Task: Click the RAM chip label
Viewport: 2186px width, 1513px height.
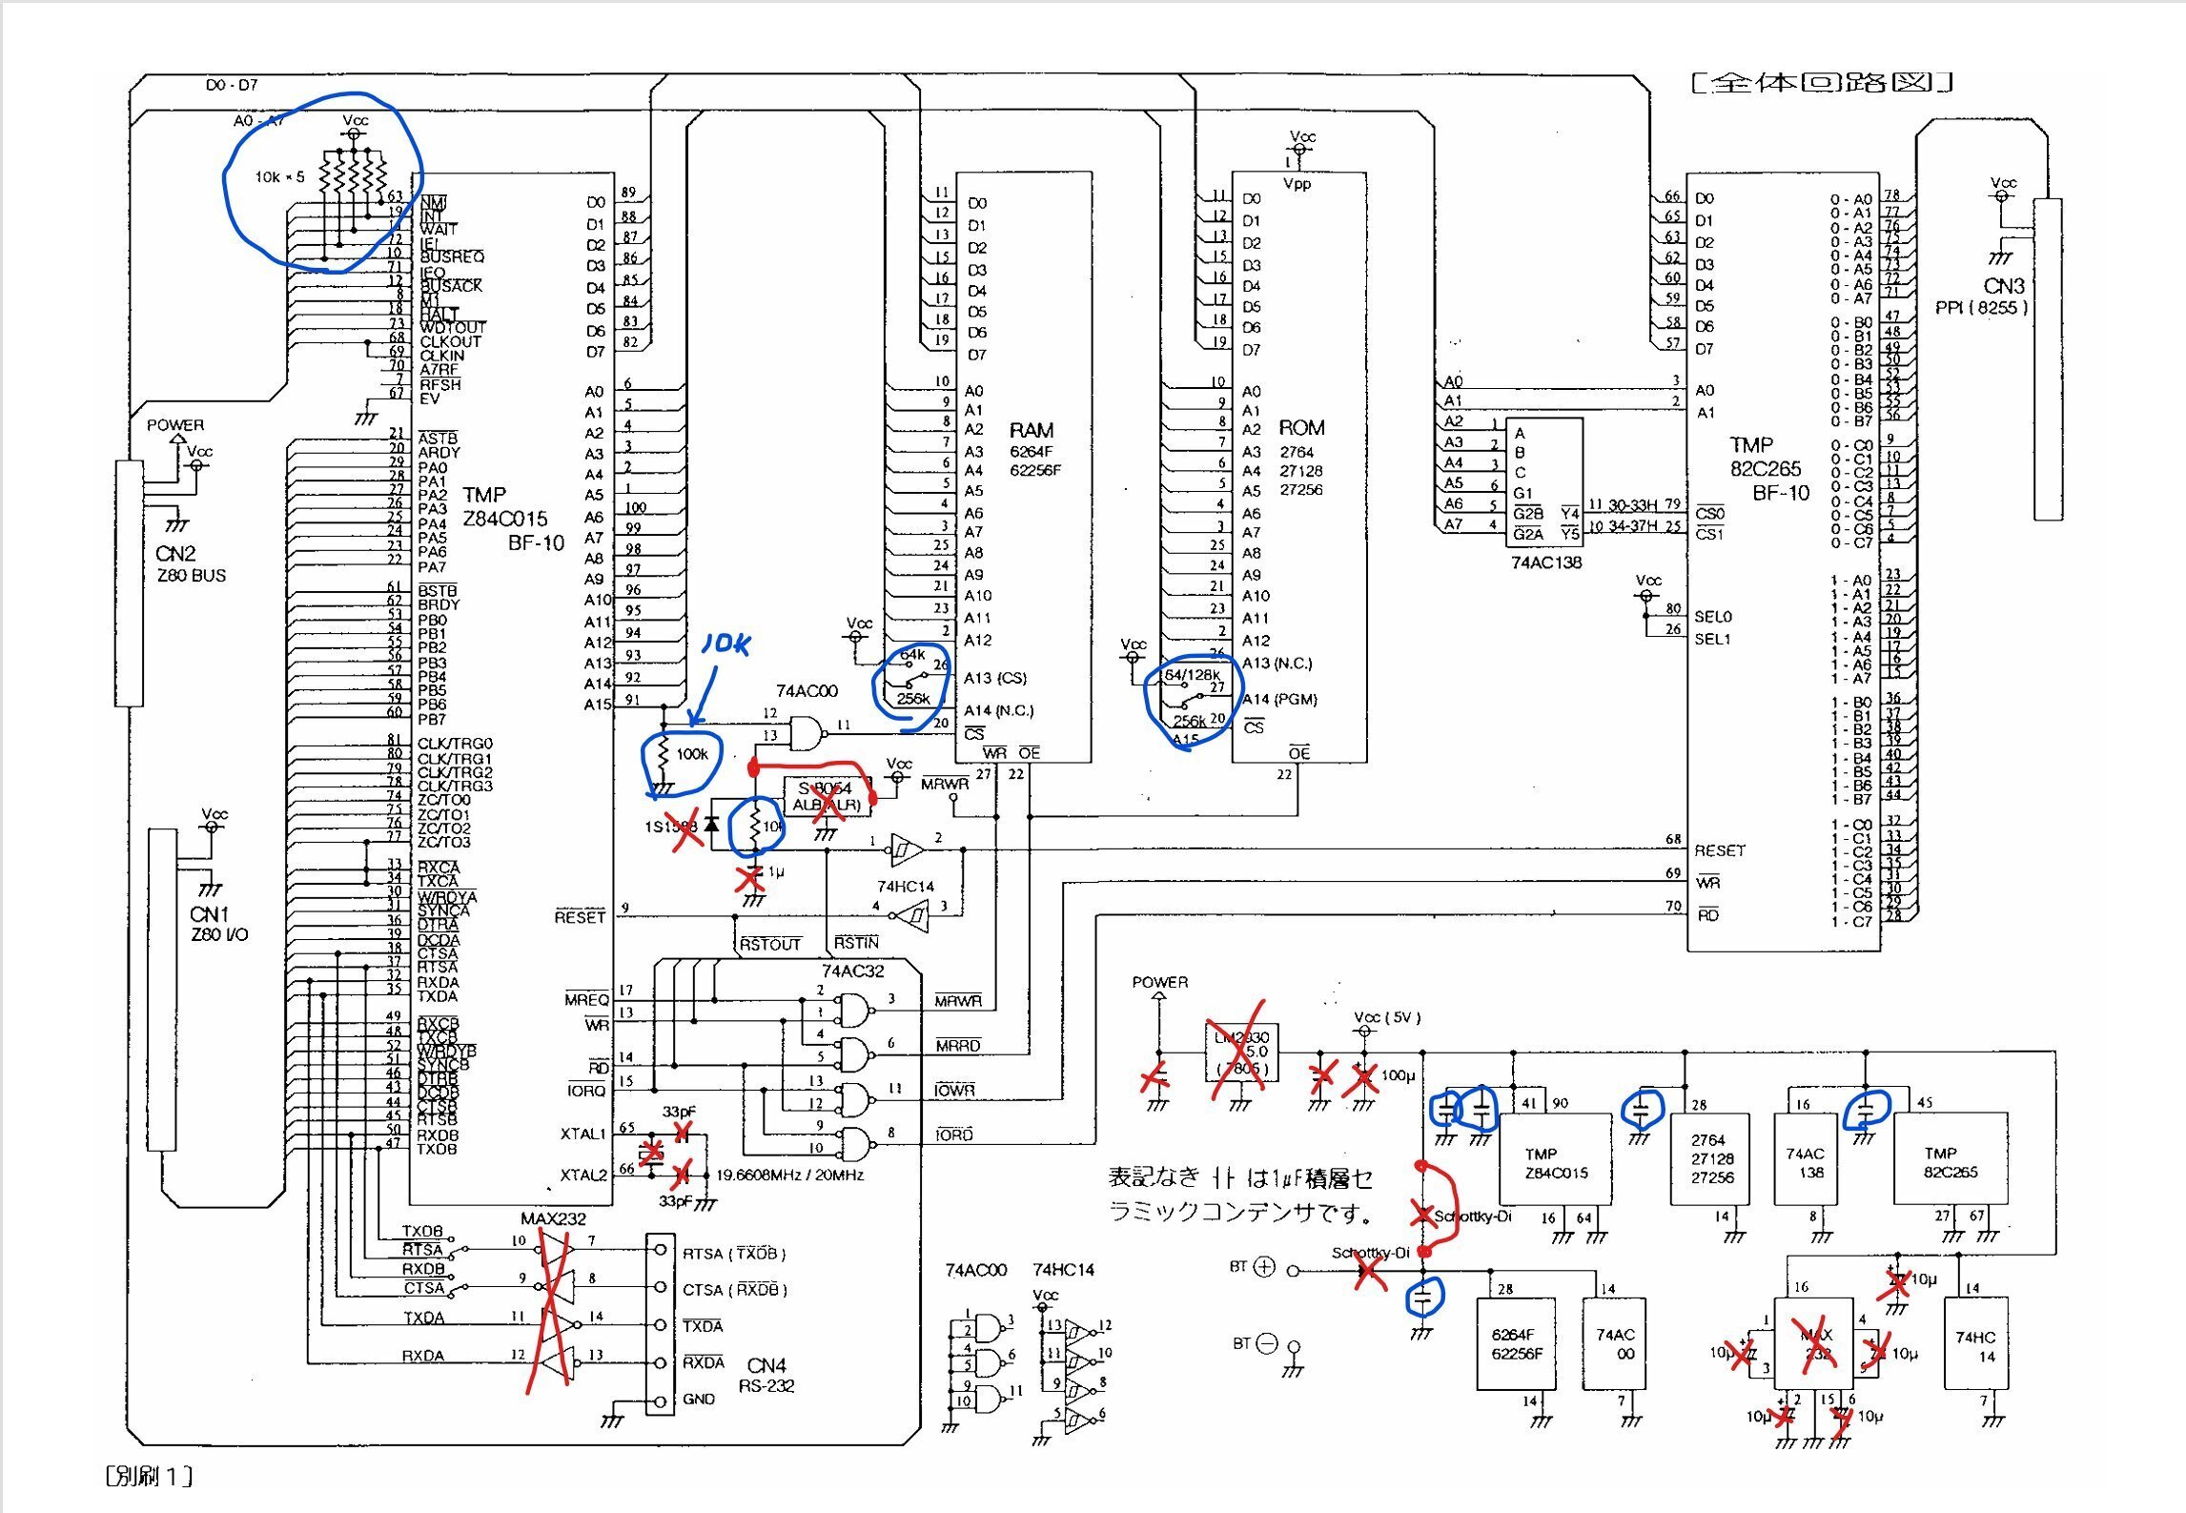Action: coord(1031,431)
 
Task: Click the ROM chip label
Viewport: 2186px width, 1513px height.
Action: coord(1300,428)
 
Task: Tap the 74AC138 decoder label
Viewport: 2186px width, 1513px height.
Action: coord(1545,562)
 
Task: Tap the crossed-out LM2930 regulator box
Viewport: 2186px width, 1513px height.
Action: coord(1239,1053)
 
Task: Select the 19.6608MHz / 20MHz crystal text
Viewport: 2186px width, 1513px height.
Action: coord(789,1175)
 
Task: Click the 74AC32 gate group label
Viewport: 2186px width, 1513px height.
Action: coord(852,971)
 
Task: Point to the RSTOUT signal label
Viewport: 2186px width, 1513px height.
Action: coord(770,944)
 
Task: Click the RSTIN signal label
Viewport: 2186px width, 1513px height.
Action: coord(856,943)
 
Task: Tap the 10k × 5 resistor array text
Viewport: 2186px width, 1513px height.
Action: coord(279,177)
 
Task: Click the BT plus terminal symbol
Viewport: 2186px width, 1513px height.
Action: coord(1264,1267)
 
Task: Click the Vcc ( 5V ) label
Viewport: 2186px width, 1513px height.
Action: coord(1386,1017)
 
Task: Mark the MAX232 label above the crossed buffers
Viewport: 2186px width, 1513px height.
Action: coord(553,1218)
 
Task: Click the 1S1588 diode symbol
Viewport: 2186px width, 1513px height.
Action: coord(710,825)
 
